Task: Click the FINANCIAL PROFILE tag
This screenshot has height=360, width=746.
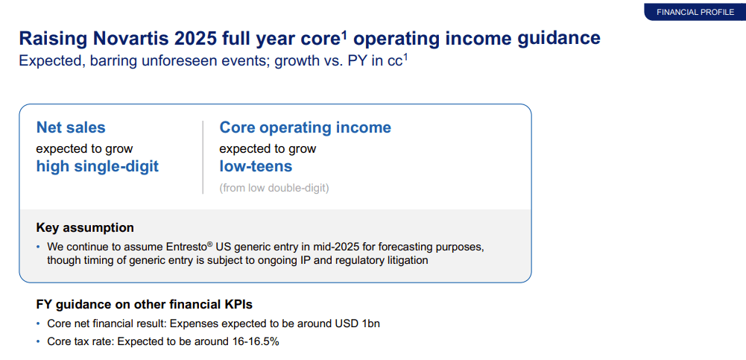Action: (x=695, y=12)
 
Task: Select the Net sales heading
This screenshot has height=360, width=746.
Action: (x=71, y=127)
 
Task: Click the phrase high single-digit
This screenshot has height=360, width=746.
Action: (x=98, y=166)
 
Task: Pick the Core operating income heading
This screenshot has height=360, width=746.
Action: (x=305, y=127)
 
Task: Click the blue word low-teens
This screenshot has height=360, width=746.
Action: (x=256, y=166)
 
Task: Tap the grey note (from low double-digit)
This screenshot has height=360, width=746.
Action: (x=274, y=188)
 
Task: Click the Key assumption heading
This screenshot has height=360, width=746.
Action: (x=85, y=227)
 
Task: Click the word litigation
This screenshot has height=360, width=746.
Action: (x=402, y=260)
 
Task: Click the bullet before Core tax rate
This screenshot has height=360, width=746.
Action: (x=39, y=341)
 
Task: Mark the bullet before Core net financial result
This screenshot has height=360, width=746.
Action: (x=39, y=323)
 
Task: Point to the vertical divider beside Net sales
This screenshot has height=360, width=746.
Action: (x=203, y=157)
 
